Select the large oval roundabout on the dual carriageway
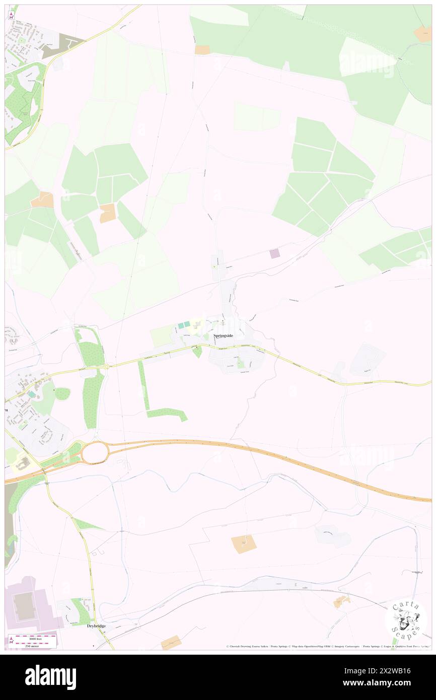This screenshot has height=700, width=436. (95, 452)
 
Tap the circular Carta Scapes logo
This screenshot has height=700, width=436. (406, 619)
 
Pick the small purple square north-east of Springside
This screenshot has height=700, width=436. (274, 254)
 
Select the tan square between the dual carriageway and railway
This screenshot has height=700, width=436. (244, 544)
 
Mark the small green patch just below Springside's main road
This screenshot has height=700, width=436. (198, 352)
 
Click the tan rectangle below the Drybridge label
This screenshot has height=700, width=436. (171, 642)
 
